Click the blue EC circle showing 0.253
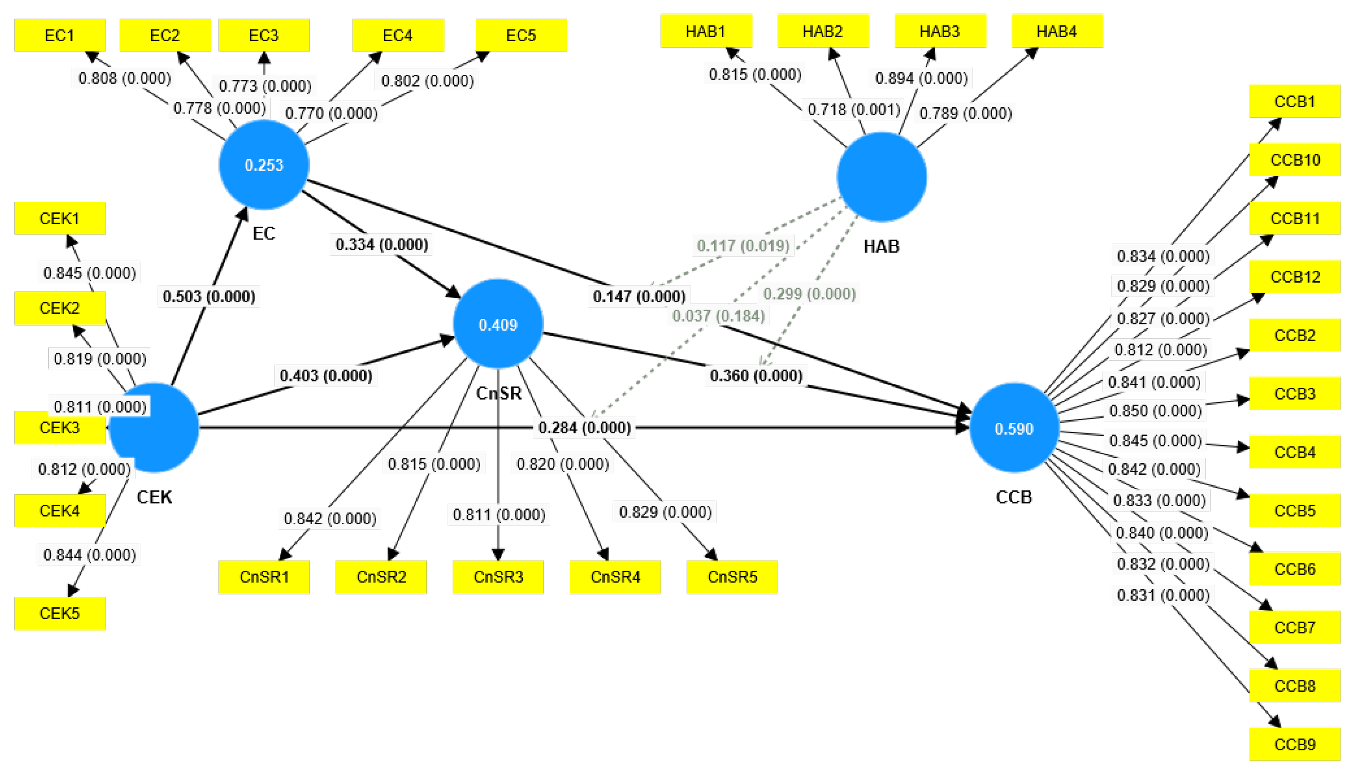click(264, 165)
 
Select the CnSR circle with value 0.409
click(498, 324)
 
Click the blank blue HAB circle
click(882, 177)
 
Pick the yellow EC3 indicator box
click(264, 35)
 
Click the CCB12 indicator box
click(1294, 277)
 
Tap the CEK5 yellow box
click(59, 613)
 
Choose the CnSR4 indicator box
click(615, 577)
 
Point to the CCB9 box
click(1294, 744)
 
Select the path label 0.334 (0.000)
click(382, 244)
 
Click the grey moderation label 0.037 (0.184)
click(718, 316)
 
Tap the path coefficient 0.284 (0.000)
click(584, 427)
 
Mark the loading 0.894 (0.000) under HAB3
click(921, 78)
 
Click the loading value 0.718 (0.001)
click(854, 109)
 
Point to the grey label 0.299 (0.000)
click(809, 294)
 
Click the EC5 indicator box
click(521, 35)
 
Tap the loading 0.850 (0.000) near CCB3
click(1155, 411)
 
